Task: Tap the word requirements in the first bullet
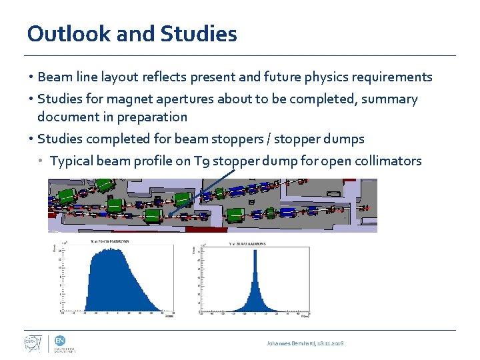[391, 77]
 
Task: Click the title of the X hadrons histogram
[111, 241]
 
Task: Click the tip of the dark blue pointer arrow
[169, 215]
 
